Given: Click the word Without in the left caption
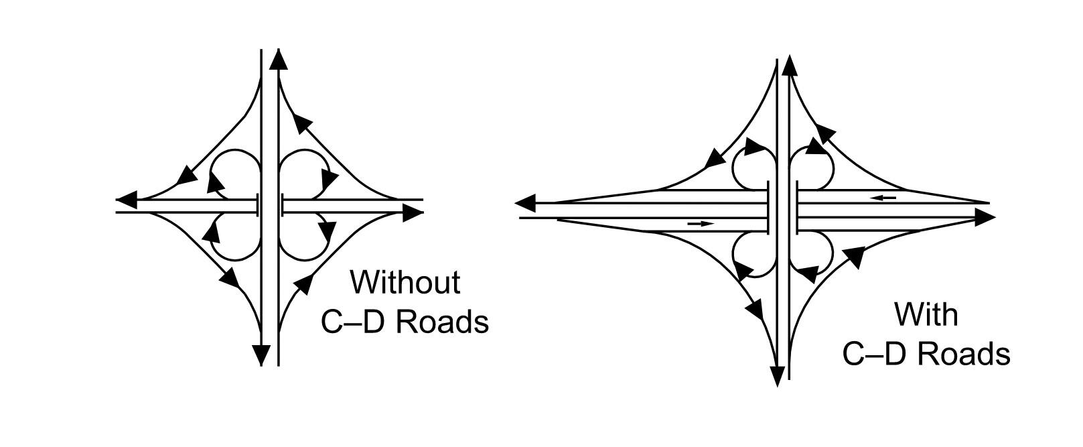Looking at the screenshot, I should point(405,282).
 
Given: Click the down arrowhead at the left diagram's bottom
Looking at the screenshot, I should point(261,355).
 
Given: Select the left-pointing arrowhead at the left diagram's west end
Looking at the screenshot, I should point(127,200).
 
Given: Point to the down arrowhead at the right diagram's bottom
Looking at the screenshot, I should point(777,376).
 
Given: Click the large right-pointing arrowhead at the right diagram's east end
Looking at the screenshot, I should point(985,217).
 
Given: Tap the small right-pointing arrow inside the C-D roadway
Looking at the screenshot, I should point(701,223).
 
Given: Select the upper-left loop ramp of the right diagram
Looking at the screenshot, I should point(753,168).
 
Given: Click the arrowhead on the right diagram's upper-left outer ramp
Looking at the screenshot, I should point(715,158).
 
